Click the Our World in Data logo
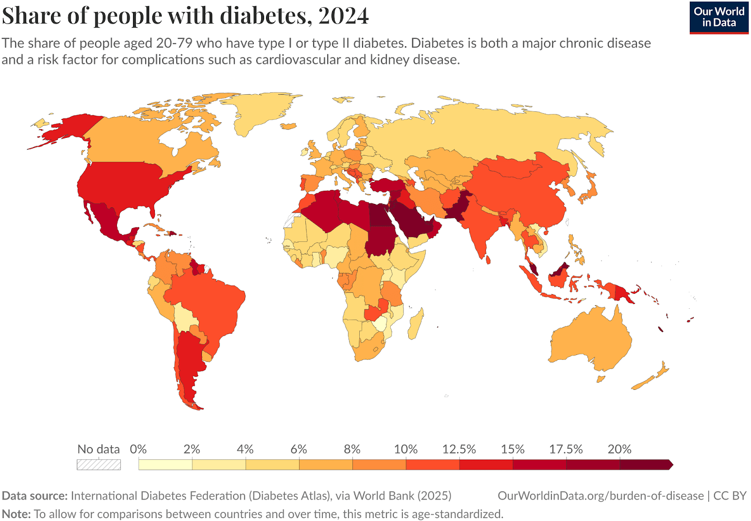coord(718,17)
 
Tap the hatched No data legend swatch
coord(99,465)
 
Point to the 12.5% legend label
coord(459,449)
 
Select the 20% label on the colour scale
coord(619,449)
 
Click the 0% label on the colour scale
coord(138,449)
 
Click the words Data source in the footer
coord(34,496)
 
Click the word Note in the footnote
coord(16,514)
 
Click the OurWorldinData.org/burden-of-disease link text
coord(601,496)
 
